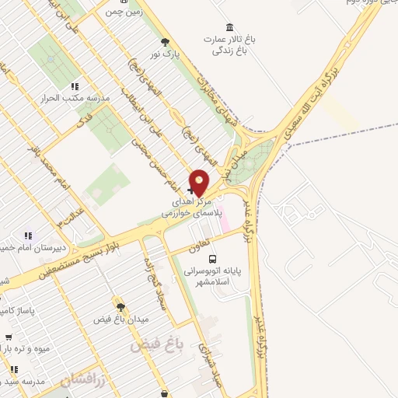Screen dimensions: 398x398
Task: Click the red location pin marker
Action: pyautogui.click(x=200, y=182)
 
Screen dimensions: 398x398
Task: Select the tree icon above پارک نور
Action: pyautogui.click(x=164, y=42)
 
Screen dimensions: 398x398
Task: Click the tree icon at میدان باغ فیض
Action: pyautogui.click(x=119, y=307)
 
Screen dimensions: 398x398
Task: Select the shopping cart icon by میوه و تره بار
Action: pyautogui.click(x=8, y=337)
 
